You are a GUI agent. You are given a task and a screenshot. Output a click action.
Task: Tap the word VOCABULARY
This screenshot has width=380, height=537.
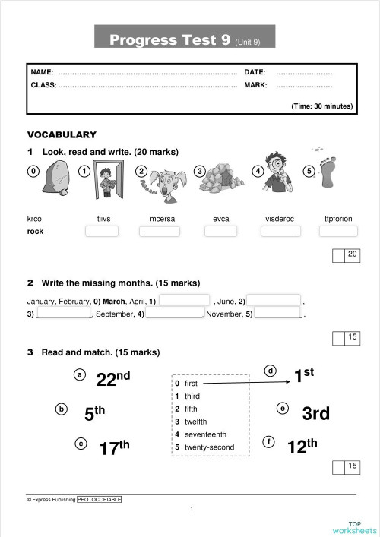point(62,134)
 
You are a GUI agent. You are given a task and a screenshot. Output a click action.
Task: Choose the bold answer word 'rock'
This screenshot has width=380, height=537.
point(35,232)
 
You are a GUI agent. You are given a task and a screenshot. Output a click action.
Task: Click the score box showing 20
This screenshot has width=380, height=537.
point(352,255)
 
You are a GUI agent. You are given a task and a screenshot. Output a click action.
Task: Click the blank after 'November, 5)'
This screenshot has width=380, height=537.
point(278,313)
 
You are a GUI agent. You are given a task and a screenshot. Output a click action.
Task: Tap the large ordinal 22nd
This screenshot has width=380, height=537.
point(112,378)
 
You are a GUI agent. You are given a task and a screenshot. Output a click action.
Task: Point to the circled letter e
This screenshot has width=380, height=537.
point(283,409)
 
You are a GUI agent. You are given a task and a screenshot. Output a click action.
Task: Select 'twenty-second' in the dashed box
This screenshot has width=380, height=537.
point(210,447)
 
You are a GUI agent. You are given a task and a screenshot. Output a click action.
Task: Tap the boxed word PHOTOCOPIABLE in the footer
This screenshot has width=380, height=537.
point(99,499)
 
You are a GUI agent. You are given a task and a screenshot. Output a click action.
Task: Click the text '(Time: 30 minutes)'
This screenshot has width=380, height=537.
point(321,106)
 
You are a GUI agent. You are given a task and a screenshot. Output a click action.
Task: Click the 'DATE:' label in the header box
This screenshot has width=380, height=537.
point(255,72)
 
